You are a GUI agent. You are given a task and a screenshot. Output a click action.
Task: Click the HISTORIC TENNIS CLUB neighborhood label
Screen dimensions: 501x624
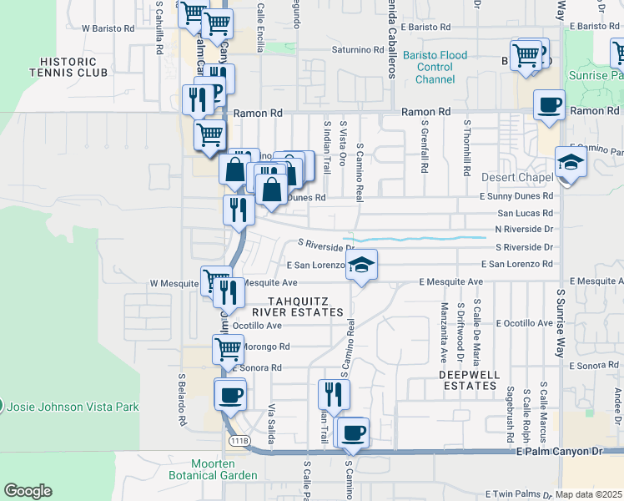coord(74,67)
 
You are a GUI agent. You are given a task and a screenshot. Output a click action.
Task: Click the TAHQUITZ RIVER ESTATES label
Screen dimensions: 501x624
coord(305,306)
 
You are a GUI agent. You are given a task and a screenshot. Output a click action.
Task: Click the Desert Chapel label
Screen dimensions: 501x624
coord(517,178)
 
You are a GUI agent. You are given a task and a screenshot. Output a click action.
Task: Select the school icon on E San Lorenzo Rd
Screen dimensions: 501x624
coord(360,266)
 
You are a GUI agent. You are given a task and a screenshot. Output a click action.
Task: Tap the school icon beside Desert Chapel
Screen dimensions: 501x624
coord(570,162)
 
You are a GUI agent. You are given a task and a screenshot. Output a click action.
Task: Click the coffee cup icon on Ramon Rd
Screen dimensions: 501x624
coord(548,105)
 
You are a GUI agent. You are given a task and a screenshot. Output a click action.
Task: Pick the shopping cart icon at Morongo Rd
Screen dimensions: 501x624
coord(228,348)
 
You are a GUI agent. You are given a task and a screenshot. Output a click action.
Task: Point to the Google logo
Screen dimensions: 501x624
coord(28,491)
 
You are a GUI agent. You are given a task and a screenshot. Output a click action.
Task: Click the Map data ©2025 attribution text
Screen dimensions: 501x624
coord(589,494)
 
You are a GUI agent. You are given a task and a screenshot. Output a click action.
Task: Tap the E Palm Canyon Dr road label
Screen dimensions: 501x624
coord(558,451)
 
